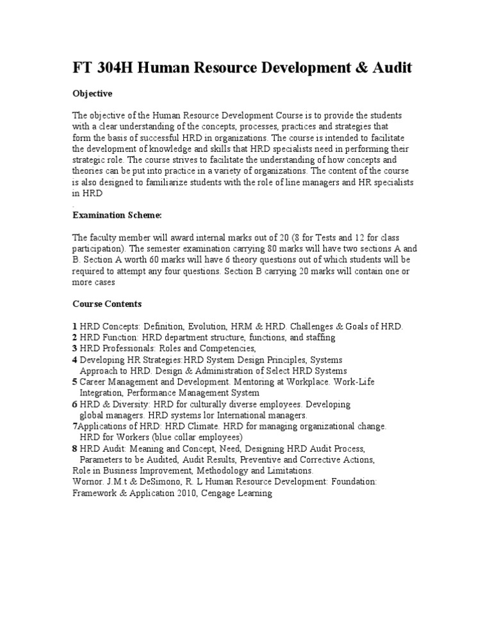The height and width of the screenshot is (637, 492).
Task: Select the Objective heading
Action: coord(92,94)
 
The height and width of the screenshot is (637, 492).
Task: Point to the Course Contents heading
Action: coord(107,304)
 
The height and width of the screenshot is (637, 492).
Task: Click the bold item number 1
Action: coord(75,326)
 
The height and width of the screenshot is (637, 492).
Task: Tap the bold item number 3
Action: coord(75,349)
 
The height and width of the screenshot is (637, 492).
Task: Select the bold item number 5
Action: coord(75,382)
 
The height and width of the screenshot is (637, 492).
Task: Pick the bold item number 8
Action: coord(75,449)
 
